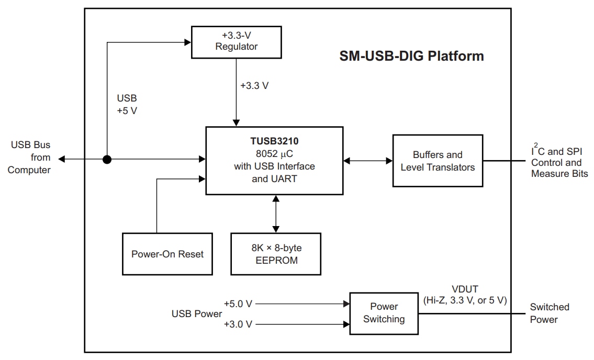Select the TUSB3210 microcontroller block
pyautogui.click(x=274, y=161)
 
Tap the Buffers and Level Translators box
pyautogui.click(x=438, y=161)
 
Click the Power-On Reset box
pyautogui.click(x=167, y=254)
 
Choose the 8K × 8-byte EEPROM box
pyautogui.click(x=276, y=254)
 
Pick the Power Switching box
pyautogui.click(x=384, y=313)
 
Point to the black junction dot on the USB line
pyautogui.click(x=107, y=159)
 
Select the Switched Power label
pyautogui.click(x=550, y=313)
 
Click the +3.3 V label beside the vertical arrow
pyautogui.click(x=254, y=86)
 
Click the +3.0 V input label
pyautogui.click(x=238, y=324)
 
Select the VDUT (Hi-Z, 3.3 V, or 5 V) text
pyautogui.click(x=465, y=294)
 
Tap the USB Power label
pyautogui.click(x=196, y=313)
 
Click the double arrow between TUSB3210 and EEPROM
pyautogui.click(x=275, y=214)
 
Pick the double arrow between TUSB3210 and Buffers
pyautogui.click(x=368, y=161)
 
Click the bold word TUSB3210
pyautogui.click(x=274, y=141)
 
